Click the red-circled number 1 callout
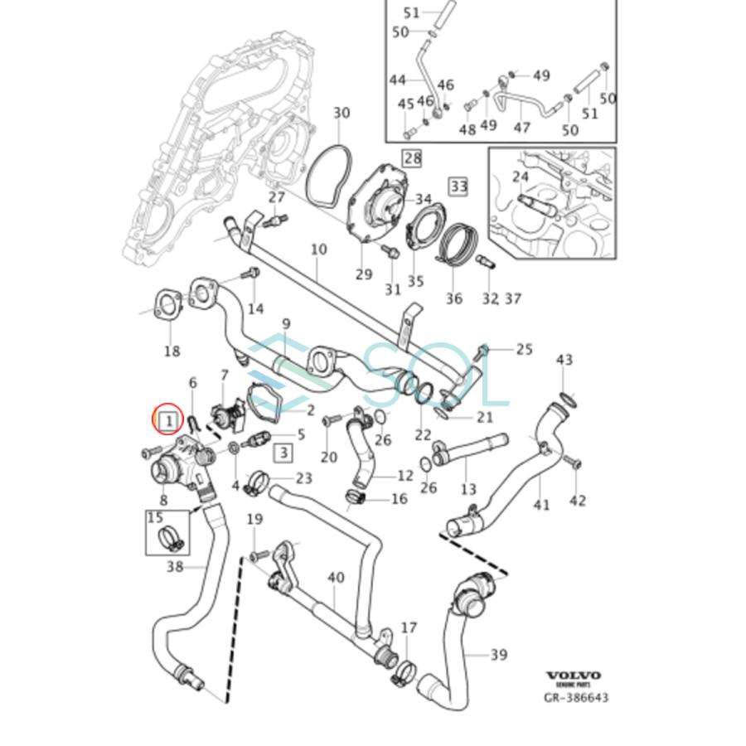[x=168, y=420]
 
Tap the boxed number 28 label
[x=412, y=157]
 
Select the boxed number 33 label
[x=458, y=186]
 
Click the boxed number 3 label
[x=283, y=452]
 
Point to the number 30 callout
[x=341, y=113]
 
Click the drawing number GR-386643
[x=575, y=698]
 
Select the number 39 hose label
[x=497, y=656]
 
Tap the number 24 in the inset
[x=521, y=177]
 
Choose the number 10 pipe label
[x=318, y=249]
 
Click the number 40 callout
[x=336, y=577]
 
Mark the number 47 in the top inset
[x=521, y=127]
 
